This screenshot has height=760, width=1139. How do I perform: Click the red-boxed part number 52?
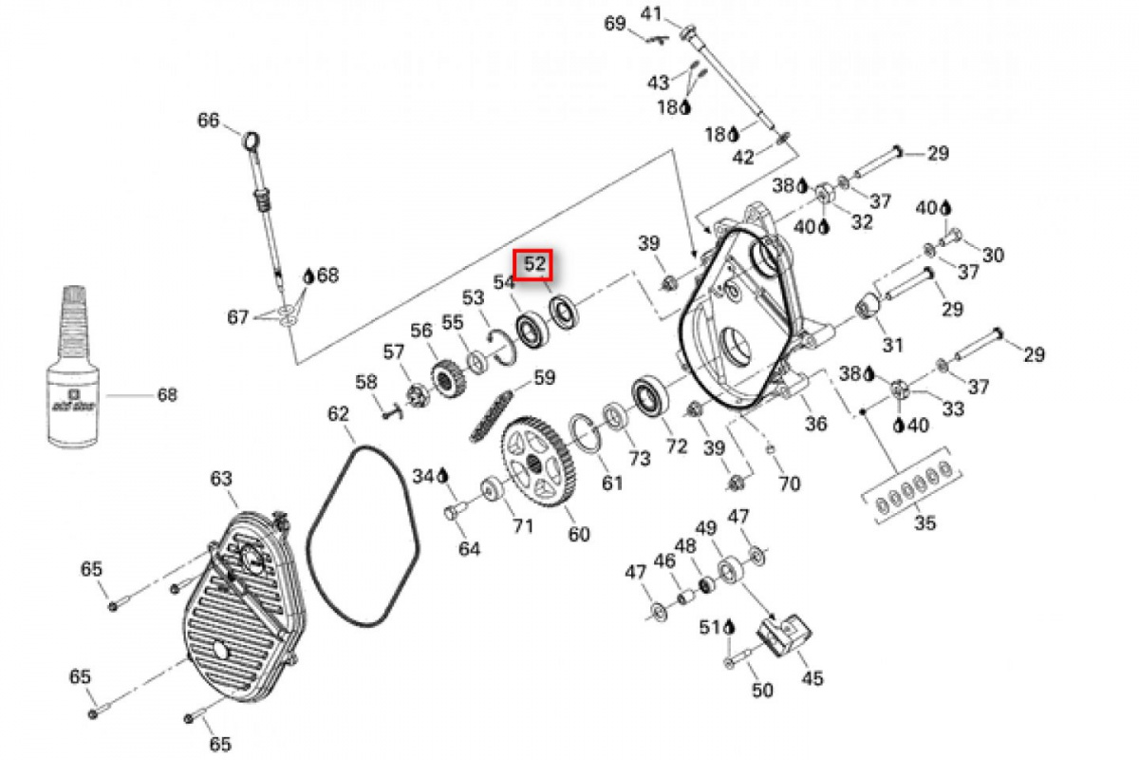[x=534, y=265]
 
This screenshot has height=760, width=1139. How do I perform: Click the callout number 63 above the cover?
[x=221, y=479]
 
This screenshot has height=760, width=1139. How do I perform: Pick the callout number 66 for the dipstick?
[x=208, y=121]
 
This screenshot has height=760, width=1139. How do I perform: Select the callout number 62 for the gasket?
[x=339, y=414]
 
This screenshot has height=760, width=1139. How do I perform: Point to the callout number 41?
[x=677, y=13]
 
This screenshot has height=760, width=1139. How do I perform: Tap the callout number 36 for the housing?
[x=815, y=424]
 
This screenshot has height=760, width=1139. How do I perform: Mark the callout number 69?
[x=615, y=23]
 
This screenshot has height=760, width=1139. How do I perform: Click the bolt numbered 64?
[x=453, y=514]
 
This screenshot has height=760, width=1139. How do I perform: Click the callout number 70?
[x=789, y=484]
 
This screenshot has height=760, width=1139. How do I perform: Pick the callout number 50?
[x=762, y=691]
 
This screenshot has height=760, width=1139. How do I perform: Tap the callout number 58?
[x=366, y=383]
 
